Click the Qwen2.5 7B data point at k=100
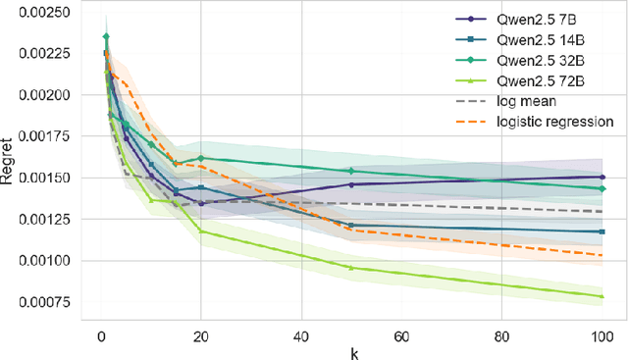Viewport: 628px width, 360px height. pos(602,177)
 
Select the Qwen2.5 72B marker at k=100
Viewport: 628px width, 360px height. pos(602,296)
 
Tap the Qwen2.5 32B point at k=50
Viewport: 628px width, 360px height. pos(351,171)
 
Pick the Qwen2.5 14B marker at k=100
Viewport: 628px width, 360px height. pos(602,231)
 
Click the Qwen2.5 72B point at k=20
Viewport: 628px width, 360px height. pos(201,231)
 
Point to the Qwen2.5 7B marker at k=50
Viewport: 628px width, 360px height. pos(351,184)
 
